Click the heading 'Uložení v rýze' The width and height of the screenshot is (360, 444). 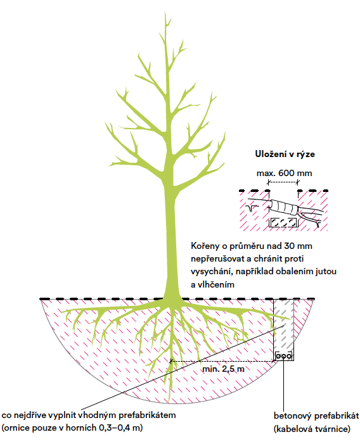tap(285, 154)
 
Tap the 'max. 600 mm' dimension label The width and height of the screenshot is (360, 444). tap(284, 173)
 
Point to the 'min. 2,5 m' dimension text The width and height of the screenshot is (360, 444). tap(223, 369)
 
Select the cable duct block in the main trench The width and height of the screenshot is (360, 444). tap(283, 356)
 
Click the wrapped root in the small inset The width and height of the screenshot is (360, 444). tap(283, 207)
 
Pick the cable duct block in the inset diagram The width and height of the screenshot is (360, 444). tap(283, 222)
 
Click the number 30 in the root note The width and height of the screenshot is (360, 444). tap(290, 246)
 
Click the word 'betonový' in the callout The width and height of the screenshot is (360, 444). tap(293, 415)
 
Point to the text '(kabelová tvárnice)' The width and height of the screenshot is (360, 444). tap(312, 429)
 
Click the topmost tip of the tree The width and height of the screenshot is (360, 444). tap(165, 13)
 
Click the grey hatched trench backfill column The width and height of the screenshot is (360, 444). tap(283, 325)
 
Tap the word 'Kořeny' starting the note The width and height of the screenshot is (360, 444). tap(205, 246)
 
